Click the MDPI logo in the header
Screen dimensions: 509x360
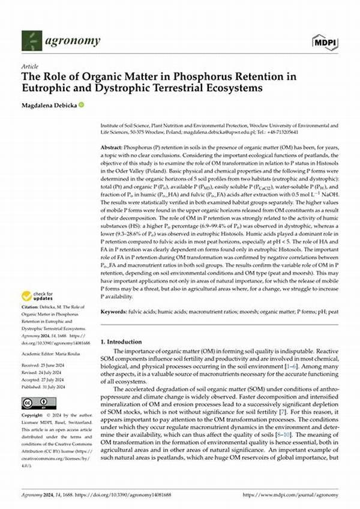(325, 41)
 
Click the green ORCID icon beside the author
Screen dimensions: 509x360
(80, 104)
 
